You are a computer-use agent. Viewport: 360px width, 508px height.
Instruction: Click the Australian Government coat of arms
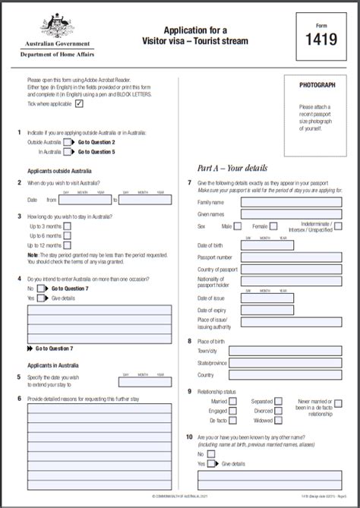[x=57, y=27]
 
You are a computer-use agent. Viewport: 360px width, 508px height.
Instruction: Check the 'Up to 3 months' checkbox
[x=68, y=226]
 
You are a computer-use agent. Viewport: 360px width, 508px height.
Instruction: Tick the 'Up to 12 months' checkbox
[x=68, y=245]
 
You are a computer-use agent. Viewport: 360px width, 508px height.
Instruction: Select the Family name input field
[x=291, y=203]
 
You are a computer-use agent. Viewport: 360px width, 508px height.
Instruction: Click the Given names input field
[x=291, y=214]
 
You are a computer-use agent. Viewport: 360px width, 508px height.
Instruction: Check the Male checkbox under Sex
[x=238, y=226]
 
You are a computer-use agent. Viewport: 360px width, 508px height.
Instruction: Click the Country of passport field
[x=291, y=270]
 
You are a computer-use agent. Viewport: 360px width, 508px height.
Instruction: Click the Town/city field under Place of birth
[x=291, y=352]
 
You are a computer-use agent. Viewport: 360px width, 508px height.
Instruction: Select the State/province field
[x=291, y=364]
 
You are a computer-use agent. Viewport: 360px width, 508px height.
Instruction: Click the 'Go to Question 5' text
[x=96, y=152]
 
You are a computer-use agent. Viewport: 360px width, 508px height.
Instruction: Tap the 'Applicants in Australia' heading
[x=53, y=364]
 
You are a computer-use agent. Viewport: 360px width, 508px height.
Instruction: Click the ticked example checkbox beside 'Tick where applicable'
[x=79, y=104]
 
